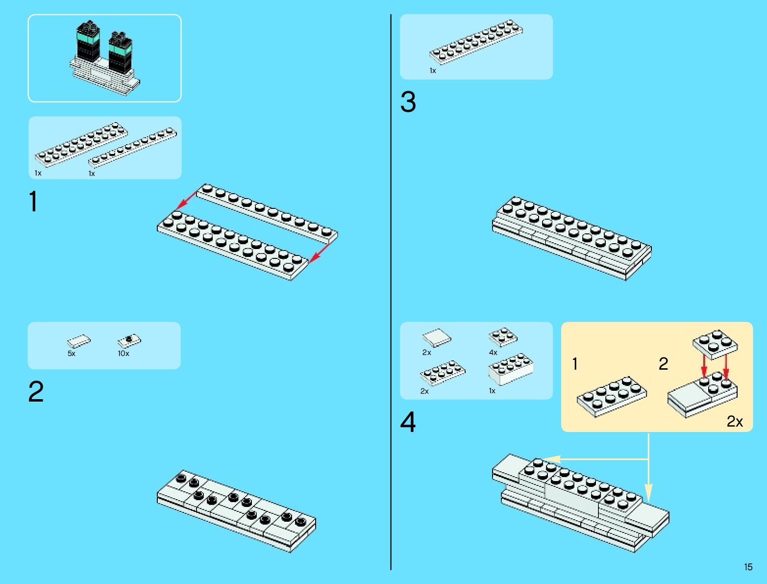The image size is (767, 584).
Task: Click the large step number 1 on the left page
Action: (33, 202)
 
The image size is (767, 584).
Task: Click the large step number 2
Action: (36, 392)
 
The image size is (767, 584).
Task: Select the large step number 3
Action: (408, 102)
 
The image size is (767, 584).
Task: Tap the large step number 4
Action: (408, 422)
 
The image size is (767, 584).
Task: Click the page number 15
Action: (748, 567)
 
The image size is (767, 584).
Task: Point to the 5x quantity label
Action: (72, 354)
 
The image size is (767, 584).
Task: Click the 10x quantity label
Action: (124, 354)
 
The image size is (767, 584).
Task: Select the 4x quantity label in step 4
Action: (493, 353)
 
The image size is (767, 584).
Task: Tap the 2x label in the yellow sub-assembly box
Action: (735, 421)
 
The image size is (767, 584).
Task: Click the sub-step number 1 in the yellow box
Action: (575, 364)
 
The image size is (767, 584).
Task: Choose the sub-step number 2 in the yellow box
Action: (663, 364)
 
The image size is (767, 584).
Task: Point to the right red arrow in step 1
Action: (320, 253)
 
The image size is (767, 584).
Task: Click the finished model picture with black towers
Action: (104, 58)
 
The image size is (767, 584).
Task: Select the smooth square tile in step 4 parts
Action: (436, 337)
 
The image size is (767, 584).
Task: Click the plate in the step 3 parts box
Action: (476, 42)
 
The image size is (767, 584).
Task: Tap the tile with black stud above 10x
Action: (129, 340)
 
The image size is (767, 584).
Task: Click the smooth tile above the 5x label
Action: (79, 341)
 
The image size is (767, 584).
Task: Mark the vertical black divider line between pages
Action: (391, 294)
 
